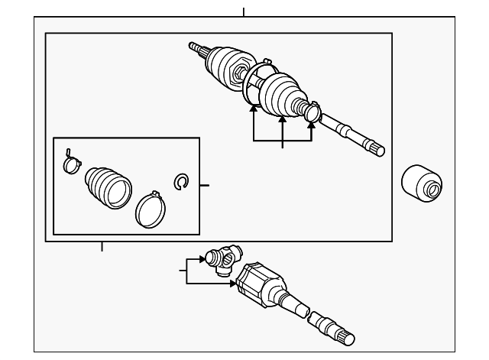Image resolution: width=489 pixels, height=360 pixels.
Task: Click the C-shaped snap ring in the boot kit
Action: click(x=181, y=181)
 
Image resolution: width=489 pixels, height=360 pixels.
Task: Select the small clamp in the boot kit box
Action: click(x=70, y=162)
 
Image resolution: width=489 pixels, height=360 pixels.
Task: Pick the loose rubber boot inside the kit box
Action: click(x=108, y=186)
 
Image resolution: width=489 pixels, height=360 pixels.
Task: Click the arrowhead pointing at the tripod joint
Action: click(x=202, y=259)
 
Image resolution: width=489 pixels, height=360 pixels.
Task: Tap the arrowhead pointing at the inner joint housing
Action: click(x=232, y=284)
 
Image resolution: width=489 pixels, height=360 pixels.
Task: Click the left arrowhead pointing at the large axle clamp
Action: click(x=254, y=109)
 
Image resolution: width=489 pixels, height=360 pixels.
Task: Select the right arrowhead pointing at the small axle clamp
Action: click(x=311, y=127)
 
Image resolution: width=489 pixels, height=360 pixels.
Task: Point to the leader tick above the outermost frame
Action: click(x=244, y=11)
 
